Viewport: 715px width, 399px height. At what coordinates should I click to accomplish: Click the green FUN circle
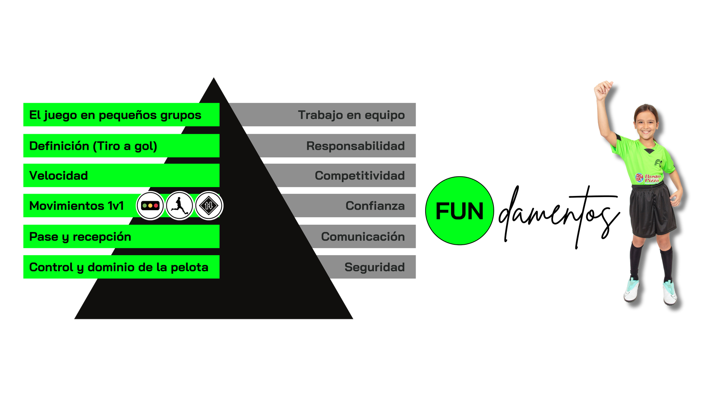click(x=460, y=211)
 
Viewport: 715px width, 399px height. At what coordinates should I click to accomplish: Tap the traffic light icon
click(x=150, y=206)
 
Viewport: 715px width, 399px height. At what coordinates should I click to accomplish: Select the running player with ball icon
click(x=179, y=206)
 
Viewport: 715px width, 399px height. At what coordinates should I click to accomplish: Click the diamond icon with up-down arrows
click(x=209, y=206)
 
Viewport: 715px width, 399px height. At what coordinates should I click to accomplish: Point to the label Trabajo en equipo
click(x=351, y=115)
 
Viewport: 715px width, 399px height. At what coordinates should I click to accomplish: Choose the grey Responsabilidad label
click(x=355, y=146)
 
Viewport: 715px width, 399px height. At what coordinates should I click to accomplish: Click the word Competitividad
click(x=359, y=175)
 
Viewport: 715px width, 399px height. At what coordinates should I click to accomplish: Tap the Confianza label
click(x=375, y=206)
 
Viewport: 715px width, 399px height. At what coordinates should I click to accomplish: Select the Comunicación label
click(x=363, y=237)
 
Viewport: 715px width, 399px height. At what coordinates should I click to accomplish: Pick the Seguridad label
click(x=374, y=267)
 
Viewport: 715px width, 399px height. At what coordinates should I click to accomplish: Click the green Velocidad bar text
click(x=58, y=175)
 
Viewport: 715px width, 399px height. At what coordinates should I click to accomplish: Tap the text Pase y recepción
click(x=80, y=237)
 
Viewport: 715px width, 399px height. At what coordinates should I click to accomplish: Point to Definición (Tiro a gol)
click(x=93, y=146)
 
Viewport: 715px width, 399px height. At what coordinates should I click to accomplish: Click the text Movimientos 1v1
click(x=76, y=206)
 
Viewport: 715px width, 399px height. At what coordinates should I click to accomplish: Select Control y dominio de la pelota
click(x=118, y=267)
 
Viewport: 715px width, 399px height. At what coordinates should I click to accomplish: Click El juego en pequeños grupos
click(x=115, y=115)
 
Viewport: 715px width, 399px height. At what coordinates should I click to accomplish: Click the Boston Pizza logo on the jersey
click(x=648, y=178)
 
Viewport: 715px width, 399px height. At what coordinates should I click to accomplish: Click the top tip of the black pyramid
click(x=213, y=79)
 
